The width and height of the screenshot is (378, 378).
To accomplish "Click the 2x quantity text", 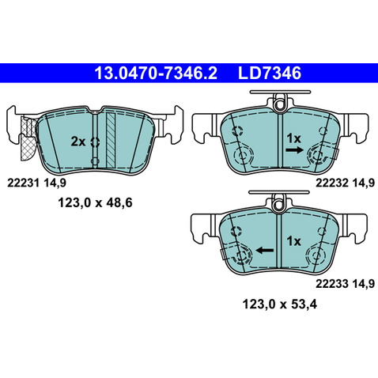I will point(77,142).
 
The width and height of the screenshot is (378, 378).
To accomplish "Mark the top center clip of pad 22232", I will point(279,103).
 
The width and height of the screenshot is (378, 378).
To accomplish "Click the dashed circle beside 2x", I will point(95,142).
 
